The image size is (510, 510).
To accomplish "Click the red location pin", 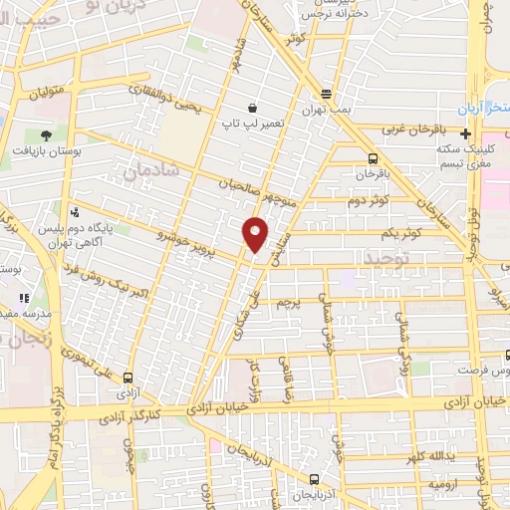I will coord(256,234).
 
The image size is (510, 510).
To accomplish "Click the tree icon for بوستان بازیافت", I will coord(45,134).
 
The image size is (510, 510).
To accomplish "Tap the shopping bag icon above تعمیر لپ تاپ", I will coord(254,107).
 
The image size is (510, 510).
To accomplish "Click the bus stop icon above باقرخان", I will coord(373,158).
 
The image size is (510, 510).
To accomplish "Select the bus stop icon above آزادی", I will coord(127,378).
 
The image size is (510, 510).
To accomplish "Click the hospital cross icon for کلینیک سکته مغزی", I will coord(465,133).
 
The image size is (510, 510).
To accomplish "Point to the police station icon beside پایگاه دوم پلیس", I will coord(75,212).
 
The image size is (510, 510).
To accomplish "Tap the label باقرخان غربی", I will coord(419,129).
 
